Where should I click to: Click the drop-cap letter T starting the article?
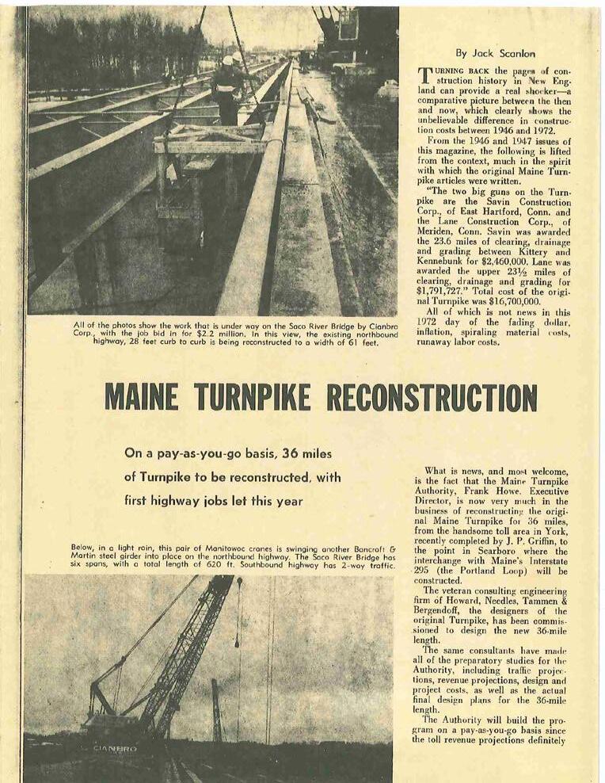point(424,76)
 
